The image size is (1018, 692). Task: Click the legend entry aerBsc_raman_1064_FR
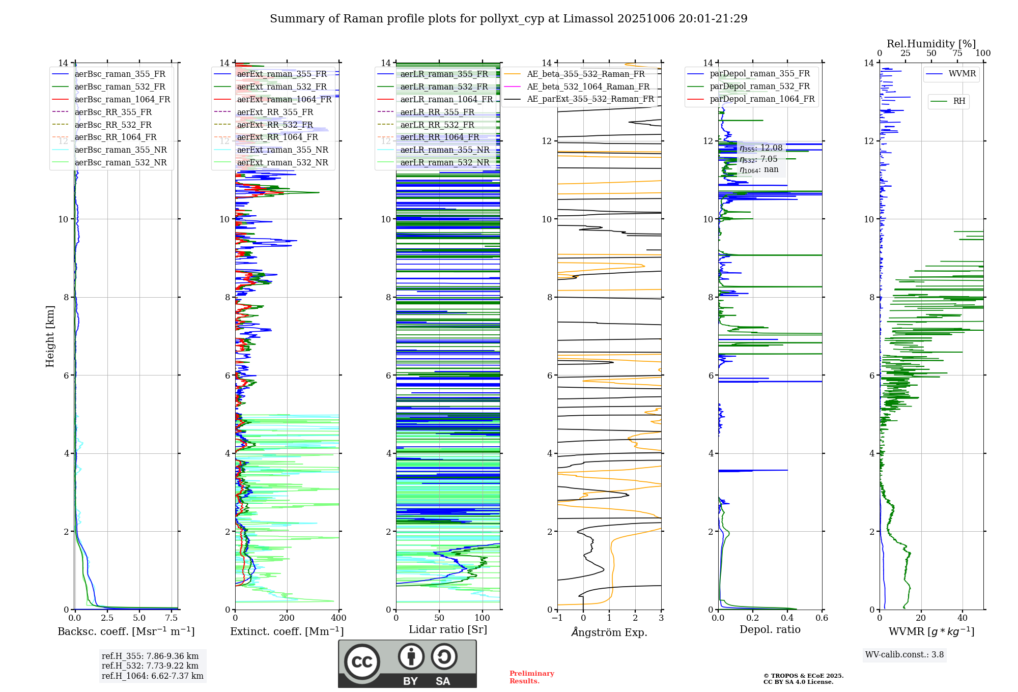[x=122, y=100]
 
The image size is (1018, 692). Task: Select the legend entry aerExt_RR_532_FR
[x=275, y=125]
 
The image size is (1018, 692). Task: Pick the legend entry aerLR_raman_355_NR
[x=444, y=150]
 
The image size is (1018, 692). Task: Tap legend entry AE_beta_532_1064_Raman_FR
[x=588, y=86]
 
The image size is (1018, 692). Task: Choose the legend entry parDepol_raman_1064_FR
[x=762, y=99]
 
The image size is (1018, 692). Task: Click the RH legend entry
[x=959, y=101]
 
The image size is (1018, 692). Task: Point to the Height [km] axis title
[x=50, y=336]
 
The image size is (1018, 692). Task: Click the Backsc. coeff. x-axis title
[x=126, y=631]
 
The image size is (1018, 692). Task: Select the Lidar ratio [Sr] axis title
[x=448, y=629]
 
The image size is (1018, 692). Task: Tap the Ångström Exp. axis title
[x=609, y=632]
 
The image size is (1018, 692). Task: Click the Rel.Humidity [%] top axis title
[x=931, y=44]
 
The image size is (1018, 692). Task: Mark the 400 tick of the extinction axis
[x=338, y=618]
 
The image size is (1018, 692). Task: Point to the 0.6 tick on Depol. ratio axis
[x=822, y=618]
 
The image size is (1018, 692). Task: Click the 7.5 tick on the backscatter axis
[x=172, y=618]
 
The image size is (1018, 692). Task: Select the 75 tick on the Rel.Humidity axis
[x=957, y=53]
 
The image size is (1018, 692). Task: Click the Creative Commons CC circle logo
[x=362, y=662]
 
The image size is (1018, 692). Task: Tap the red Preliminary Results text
[x=531, y=677]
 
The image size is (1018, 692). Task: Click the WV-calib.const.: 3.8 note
[x=904, y=655]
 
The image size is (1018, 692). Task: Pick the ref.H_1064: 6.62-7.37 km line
[x=152, y=676]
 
